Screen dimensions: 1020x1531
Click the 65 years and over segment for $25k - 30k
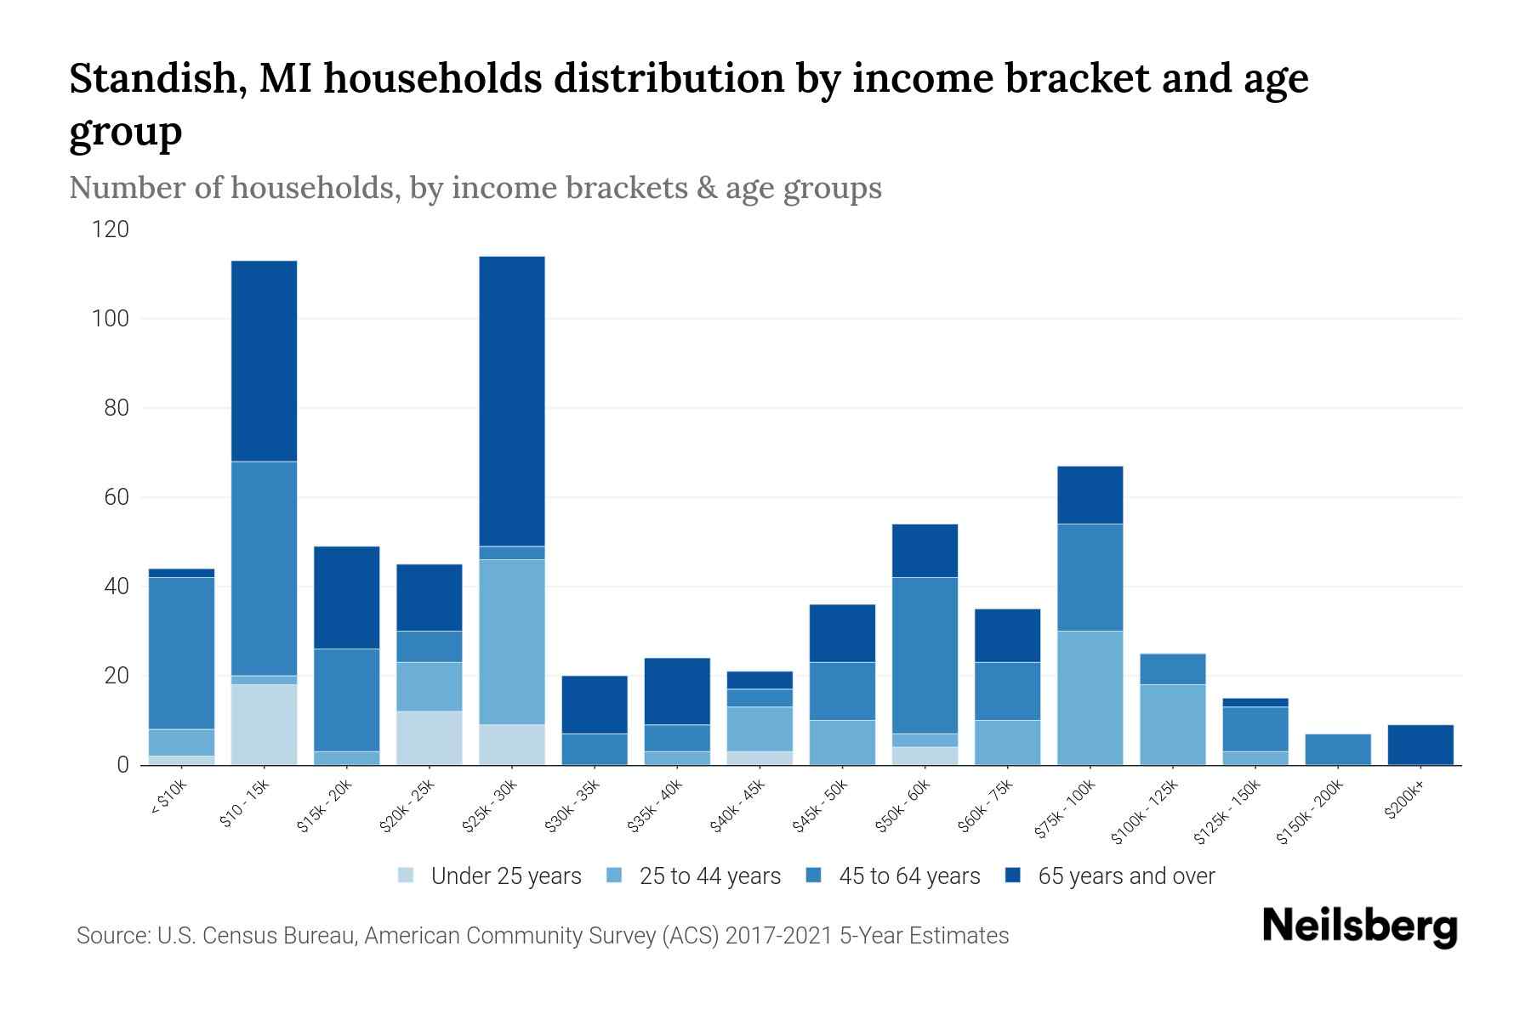pyautogui.click(x=512, y=401)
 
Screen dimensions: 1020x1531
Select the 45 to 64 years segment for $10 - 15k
pyautogui.click(x=265, y=569)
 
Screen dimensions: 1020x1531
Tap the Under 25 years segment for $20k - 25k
pyautogui.click(x=430, y=738)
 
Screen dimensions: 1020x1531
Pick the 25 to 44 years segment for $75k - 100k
pyautogui.click(x=1090, y=698)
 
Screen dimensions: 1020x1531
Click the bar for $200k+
pyautogui.click(x=1420, y=745)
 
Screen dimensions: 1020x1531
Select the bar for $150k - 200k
pyautogui.click(x=1338, y=750)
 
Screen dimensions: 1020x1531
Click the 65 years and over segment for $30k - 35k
pyautogui.click(x=595, y=705)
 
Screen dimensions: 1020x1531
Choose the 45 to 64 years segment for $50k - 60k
pyautogui.click(x=925, y=655)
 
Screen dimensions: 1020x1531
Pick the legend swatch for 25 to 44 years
pyautogui.click(x=615, y=875)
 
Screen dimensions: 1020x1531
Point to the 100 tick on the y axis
pyautogui.click(x=111, y=319)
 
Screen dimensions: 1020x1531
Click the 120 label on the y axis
pyautogui.click(x=111, y=229)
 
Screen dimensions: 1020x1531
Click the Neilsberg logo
pyautogui.click(x=1359, y=926)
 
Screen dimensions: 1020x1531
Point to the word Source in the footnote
pyautogui.click(x=111, y=936)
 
